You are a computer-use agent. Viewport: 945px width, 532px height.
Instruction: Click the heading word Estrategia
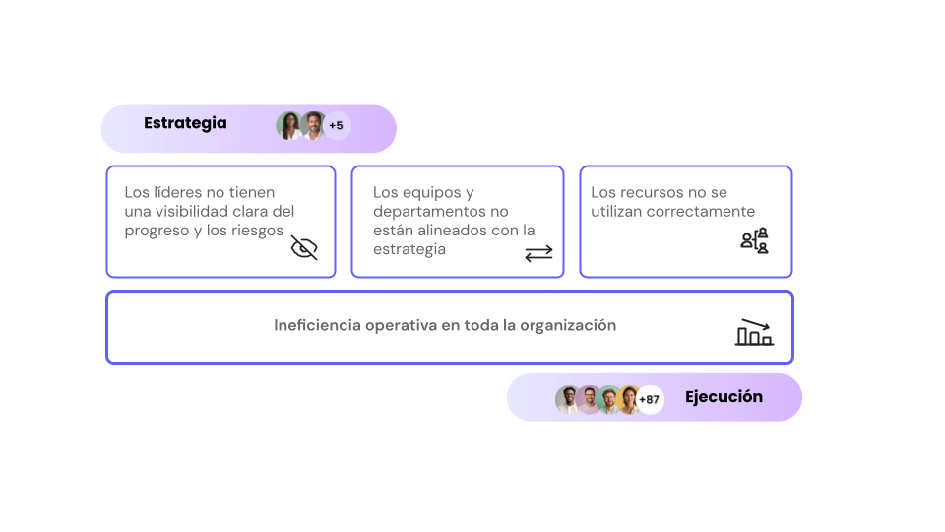point(185,123)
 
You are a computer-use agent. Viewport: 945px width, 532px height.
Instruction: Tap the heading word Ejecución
point(724,397)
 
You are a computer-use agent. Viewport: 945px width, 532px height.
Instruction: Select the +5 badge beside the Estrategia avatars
point(336,126)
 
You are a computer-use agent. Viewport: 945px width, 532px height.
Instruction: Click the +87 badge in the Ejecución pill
point(650,400)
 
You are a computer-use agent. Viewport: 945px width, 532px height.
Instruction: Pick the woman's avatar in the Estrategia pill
point(289,126)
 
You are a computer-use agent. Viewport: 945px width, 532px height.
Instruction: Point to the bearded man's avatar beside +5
point(313,126)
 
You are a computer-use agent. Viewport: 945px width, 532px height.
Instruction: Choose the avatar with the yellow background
point(629,399)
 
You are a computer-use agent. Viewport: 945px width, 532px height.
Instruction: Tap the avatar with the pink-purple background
point(589,399)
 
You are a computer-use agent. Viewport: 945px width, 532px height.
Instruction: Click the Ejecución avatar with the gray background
point(568,399)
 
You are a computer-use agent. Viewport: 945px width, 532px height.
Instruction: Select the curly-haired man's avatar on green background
point(609,399)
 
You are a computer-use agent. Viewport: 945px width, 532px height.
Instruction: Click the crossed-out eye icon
point(304,247)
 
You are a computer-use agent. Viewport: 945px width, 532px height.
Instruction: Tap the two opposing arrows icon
point(538,253)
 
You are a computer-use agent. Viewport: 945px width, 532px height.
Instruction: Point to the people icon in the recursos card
point(754,240)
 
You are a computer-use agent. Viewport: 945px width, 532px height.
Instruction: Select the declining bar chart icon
point(754,332)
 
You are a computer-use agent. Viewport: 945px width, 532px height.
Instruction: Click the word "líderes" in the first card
point(176,192)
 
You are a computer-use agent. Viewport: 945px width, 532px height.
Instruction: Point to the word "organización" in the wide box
point(568,325)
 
